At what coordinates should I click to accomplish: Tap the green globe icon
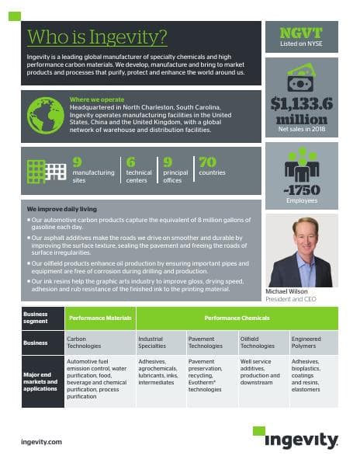click(45, 114)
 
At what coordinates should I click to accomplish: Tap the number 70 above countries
click(207, 162)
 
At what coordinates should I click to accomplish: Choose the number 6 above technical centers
click(130, 162)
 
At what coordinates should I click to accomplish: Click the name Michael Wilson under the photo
click(286, 290)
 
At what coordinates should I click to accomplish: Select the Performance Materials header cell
click(99, 318)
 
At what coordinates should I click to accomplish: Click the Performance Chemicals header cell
click(237, 318)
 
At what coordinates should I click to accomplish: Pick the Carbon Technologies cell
click(99, 342)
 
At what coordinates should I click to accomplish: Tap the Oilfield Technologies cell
click(261, 342)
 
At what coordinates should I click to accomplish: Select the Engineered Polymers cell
click(313, 342)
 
